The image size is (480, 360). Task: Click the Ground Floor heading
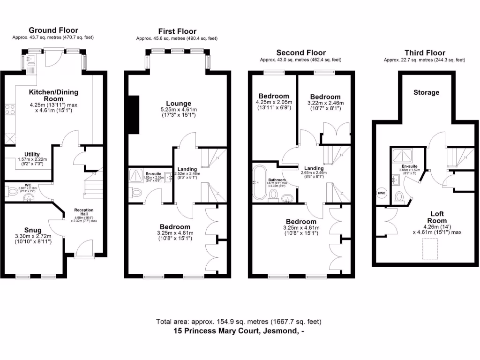point(53,30)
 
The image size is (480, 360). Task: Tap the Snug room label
point(33,230)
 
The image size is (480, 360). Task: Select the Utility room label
point(32,154)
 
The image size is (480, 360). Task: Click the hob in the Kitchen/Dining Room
point(9,110)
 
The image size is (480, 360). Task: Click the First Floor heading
point(177,31)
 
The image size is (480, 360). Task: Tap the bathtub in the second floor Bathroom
point(258,181)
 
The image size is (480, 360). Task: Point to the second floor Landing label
point(314,168)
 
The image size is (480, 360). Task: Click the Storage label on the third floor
point(426,92)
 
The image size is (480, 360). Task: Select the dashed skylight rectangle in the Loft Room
point(430,248)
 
